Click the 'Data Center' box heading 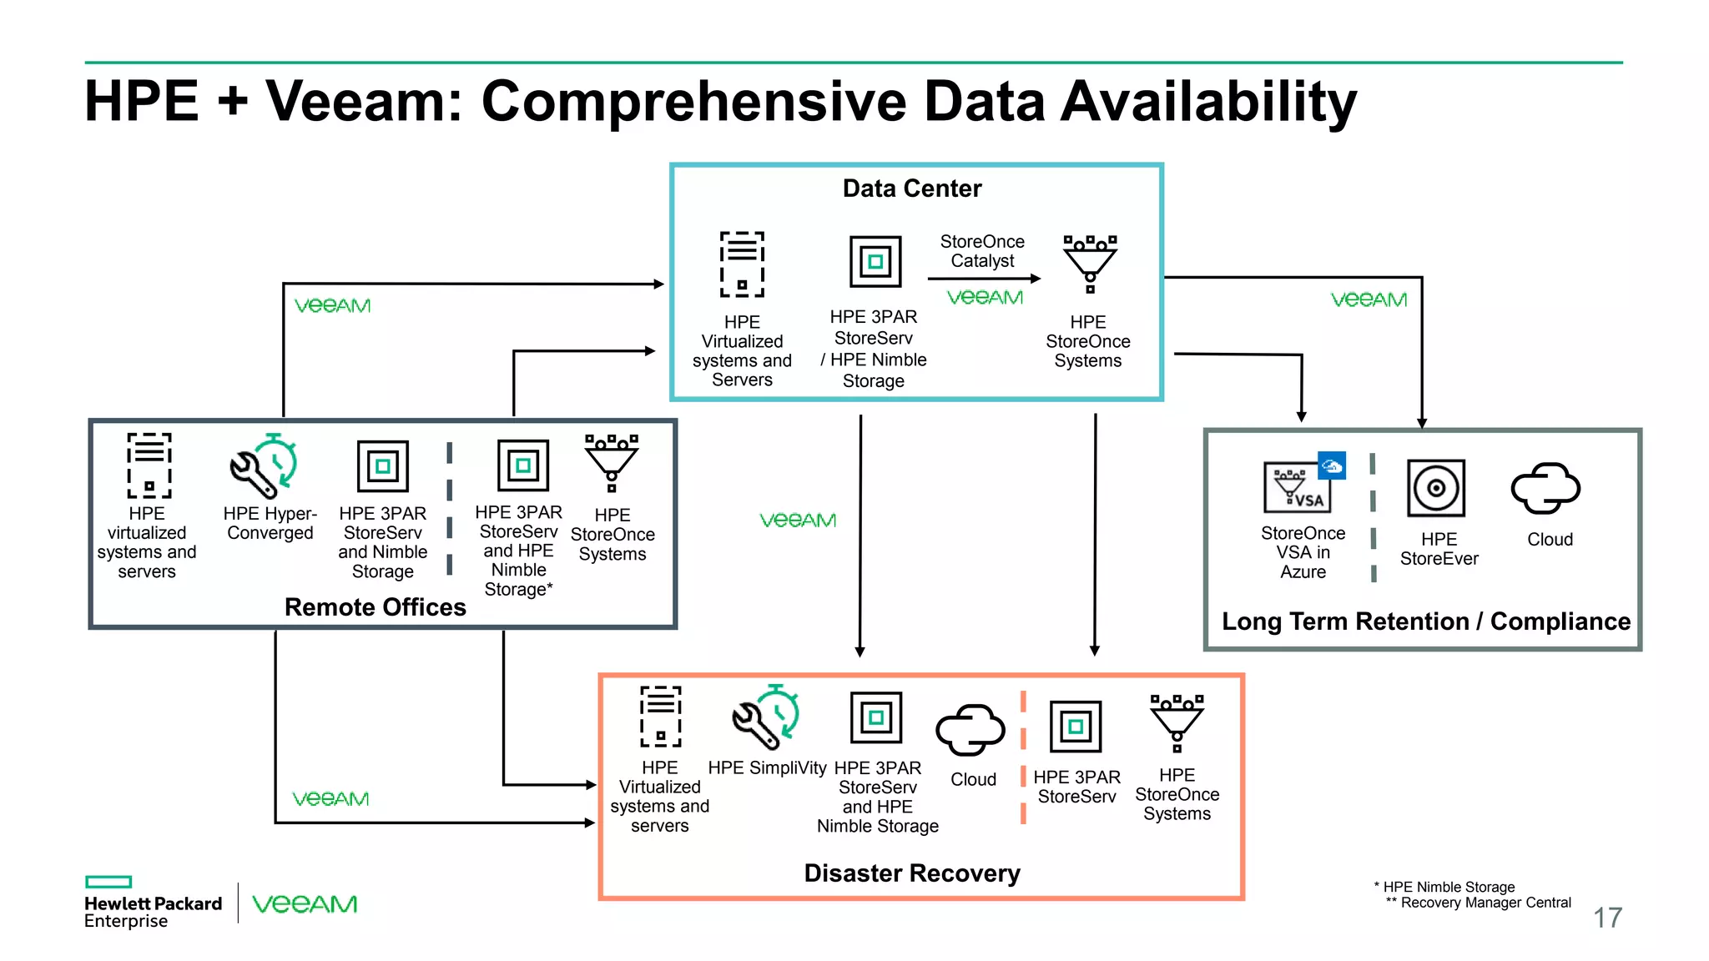(x=911, y=189)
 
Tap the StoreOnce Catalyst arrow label (x=981, y=251)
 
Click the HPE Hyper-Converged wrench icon (x=264, y=465)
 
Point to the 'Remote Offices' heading (x=375, y=607)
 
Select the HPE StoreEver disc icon (x=1435, y=488)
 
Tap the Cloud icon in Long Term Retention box (x=1545, y=489)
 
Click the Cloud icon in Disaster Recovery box (x=970, y=730)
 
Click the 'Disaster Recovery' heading (x=911, y=873)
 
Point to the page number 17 (x=1607, y=918)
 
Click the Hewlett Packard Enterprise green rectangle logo (x=108, y=882)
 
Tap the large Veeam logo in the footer (x=305, y=904)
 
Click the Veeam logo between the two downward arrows (x=797, y=521)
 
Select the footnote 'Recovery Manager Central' (x=1485, y=903)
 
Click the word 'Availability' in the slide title (x=1202, y=102)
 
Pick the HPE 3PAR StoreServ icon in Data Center (x=875, y=262)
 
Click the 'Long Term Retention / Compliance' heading (x=1425, y=621)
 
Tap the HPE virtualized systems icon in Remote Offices (x=149, y=465)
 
